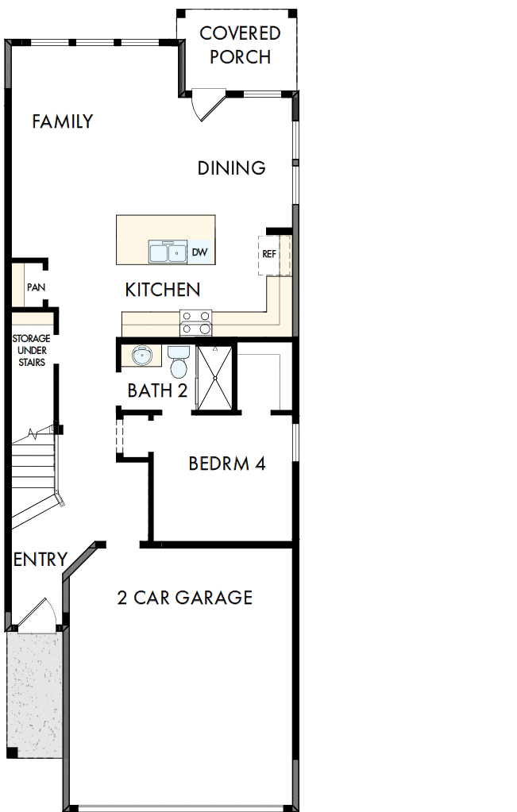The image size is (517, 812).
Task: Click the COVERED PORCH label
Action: (240, 45)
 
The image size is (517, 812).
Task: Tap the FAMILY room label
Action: (62, 121)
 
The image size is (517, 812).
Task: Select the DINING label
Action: (231, 168)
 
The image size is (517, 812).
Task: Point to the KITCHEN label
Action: (162, 291)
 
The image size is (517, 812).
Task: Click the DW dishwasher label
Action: (199, 252)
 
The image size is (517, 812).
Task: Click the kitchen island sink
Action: (168, 252)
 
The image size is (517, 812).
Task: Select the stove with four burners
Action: (196, 322)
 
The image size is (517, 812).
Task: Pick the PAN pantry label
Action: (35, 287)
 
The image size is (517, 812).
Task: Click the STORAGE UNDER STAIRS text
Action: (31, 350)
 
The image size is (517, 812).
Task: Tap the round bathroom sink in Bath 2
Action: (141, 356)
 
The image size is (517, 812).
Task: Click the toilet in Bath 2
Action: (179, 361)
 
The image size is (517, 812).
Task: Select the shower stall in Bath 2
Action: (214, 378)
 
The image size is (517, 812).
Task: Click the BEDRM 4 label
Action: (226, 464)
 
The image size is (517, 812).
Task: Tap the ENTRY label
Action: (41, 560)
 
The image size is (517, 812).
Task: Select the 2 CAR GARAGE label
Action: (184, 598)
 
